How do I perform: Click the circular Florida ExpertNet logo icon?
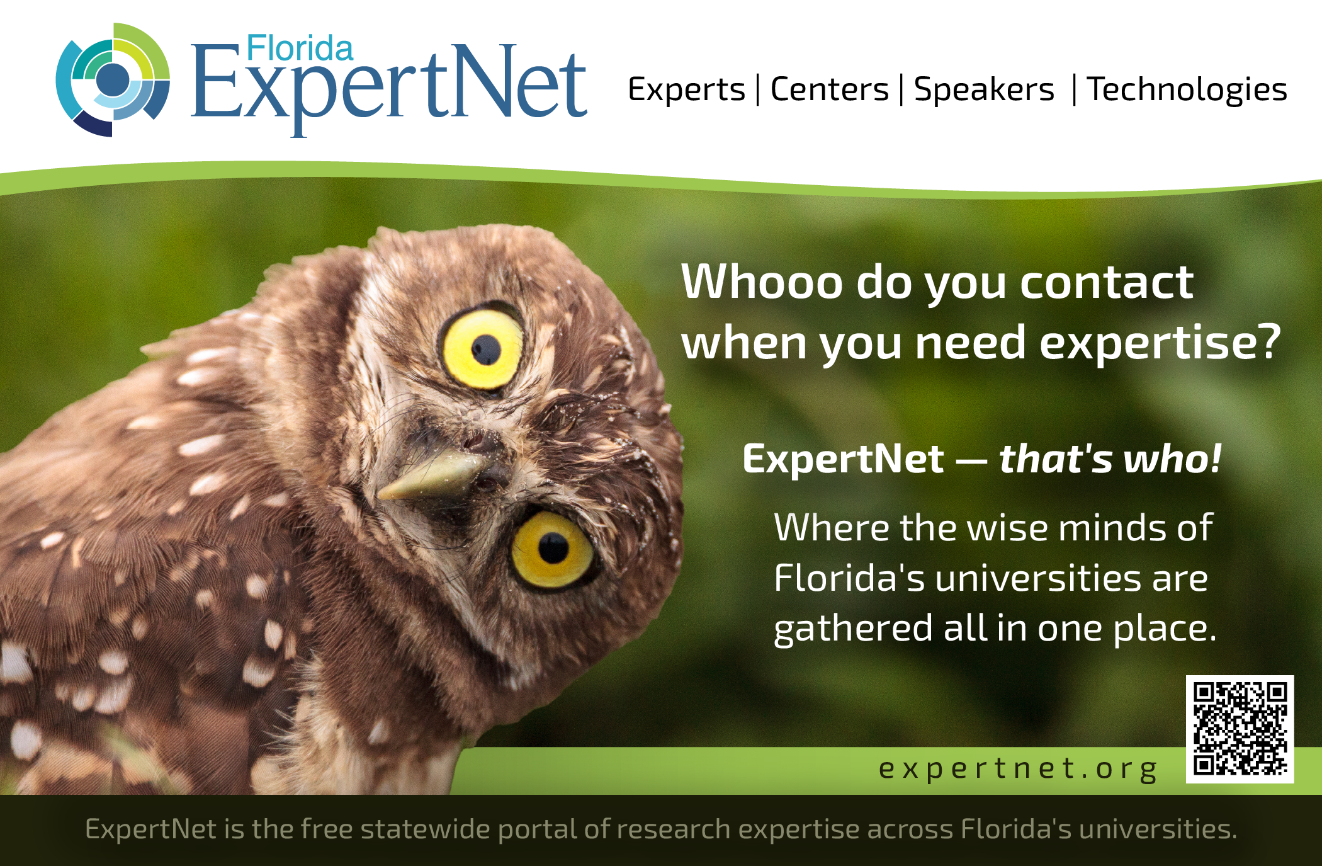click(113, 80)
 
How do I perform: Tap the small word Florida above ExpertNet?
click(300, 48)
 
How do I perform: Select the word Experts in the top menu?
click(686, 90)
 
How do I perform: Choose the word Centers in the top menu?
click(830, 89)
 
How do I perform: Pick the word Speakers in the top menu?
click(984, 90)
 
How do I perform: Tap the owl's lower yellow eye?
click(553, 549)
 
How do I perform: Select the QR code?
click(1240, 729)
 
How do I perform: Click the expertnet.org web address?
click(1018, 769)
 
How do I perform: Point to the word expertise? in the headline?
click(1160, 343)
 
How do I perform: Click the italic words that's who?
click(1110, 459)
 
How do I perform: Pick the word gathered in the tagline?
click(853, 629)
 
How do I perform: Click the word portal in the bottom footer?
click(537, 830)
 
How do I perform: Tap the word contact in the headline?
click(1106, 282)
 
